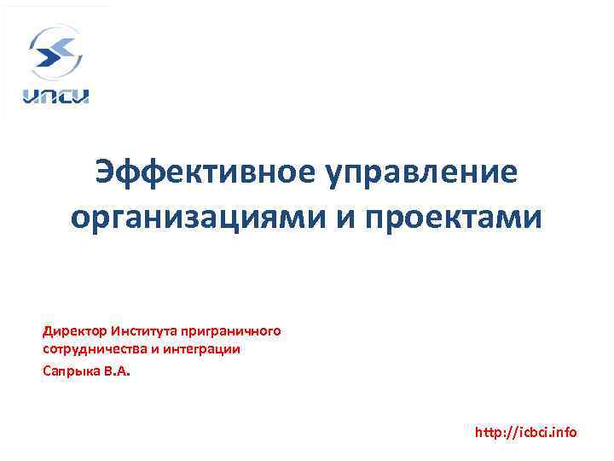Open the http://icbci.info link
point(525,433)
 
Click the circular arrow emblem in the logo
point(55,53)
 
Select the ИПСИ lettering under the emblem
point(55,96)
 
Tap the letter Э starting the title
point(107,172)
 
